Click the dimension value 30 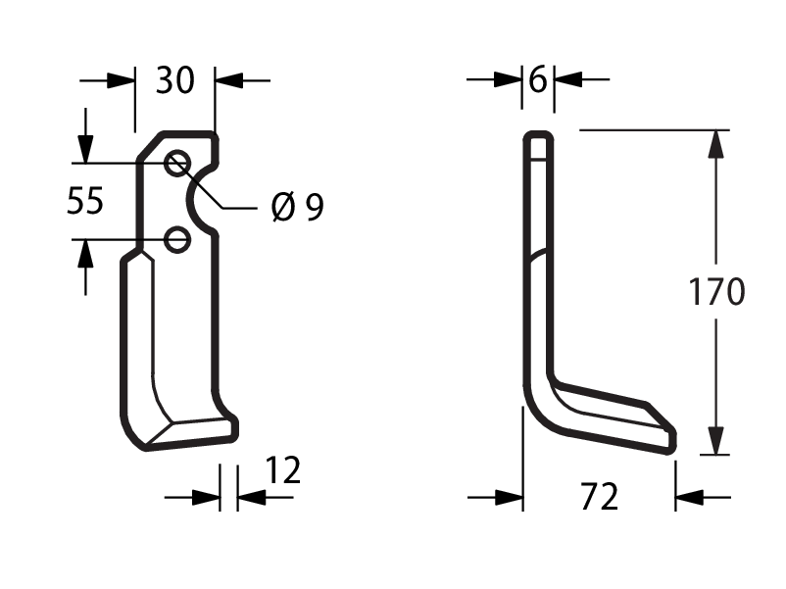174,80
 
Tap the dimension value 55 85,201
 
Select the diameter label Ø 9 297,207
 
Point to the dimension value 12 282,470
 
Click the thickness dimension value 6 538,79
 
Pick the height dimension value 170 716,291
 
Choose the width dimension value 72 599,497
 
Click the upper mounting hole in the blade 177,163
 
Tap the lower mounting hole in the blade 177,239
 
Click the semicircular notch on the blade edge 190,199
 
